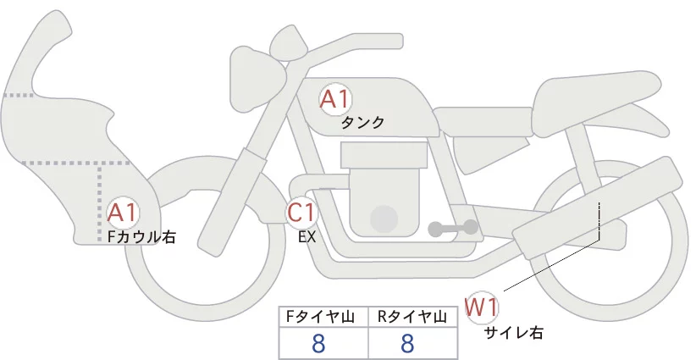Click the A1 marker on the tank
point(335,99)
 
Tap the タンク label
point(362,123)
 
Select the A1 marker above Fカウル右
point(123,213)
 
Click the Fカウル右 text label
point(141,237)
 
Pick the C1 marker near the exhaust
point(301,212)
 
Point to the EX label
point(307,237)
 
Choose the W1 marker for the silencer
point(482,307)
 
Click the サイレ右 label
point(513,333)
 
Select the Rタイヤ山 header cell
point(413,317)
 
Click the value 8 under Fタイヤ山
point(318,343)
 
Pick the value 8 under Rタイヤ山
point(407,343)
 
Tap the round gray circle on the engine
point(384,219)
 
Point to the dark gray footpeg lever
point(453,228)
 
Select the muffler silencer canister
point(597,208)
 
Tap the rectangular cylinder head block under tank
point(384,155)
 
